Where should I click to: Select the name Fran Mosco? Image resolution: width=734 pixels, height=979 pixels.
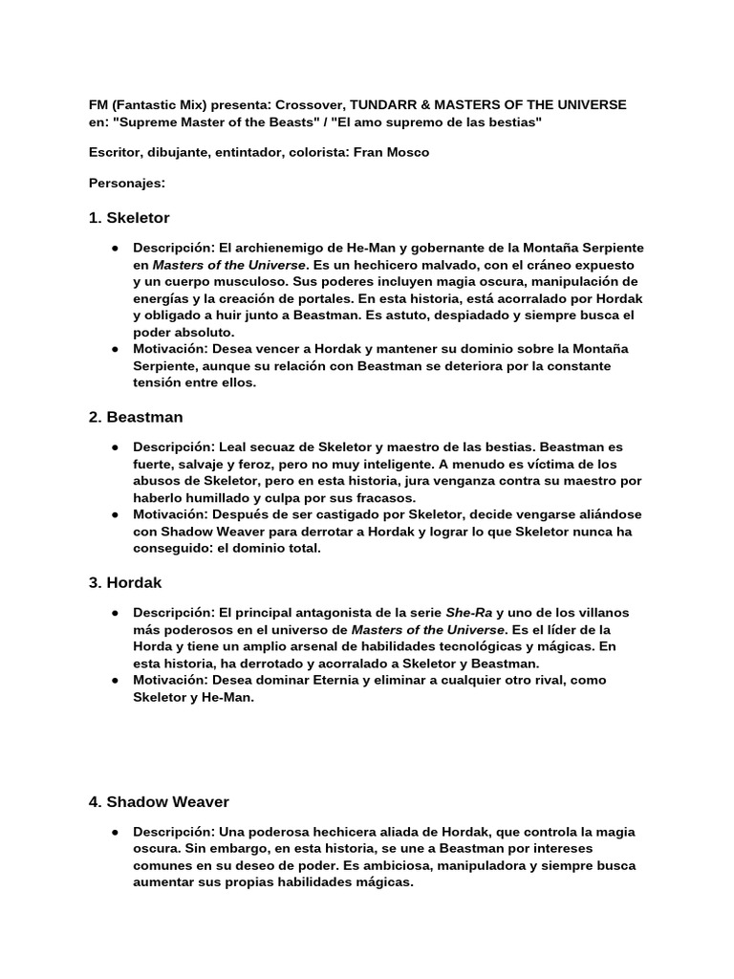[392, 152]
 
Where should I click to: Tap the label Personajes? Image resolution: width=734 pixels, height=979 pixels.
[126, 182]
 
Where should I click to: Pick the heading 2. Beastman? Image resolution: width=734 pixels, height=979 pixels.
[135, 417]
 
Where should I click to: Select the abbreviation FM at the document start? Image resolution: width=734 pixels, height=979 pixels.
[97, 103]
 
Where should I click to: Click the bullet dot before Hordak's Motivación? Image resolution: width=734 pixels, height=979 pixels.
[115, 680]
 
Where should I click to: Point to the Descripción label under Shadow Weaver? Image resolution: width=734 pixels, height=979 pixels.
[174, 832]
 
